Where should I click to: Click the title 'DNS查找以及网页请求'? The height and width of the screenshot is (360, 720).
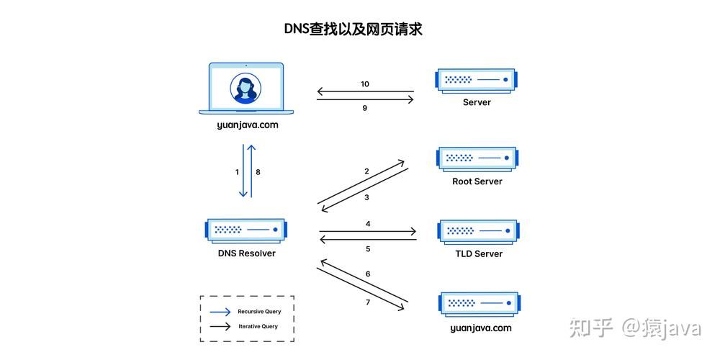pos(352,30)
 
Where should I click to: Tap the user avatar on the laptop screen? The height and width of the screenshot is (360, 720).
pos(246,89)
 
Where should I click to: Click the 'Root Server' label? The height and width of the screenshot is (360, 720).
pos(477,181)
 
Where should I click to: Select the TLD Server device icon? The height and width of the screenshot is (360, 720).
pos(477,231)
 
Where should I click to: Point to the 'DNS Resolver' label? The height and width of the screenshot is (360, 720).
pos(246,253)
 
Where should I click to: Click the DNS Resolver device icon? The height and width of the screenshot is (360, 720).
pos(246,230)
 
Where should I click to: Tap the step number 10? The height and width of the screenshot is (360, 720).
pos(365,84)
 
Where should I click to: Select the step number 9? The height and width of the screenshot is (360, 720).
pos(365,108)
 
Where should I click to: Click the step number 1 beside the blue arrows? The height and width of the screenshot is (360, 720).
pos(237,172)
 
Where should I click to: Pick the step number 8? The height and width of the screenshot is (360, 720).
pos(258,172)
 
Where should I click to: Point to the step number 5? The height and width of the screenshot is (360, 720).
pos(368,249)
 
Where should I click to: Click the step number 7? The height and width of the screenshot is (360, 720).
pos(368,302)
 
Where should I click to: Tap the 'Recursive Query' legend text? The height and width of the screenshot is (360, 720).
pos(259,312)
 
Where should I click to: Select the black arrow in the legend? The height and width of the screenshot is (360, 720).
pos(220,326)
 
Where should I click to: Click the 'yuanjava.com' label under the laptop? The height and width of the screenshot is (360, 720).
pos(247,125)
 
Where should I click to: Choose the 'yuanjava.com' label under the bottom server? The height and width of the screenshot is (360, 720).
pos(480,328)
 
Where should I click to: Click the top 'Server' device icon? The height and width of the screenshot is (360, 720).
pos(476,79)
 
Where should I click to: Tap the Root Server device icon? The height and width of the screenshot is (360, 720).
pos(477,157)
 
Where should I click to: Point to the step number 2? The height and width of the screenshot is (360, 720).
pos(366,171)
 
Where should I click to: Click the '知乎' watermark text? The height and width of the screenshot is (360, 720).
pos(591,328)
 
